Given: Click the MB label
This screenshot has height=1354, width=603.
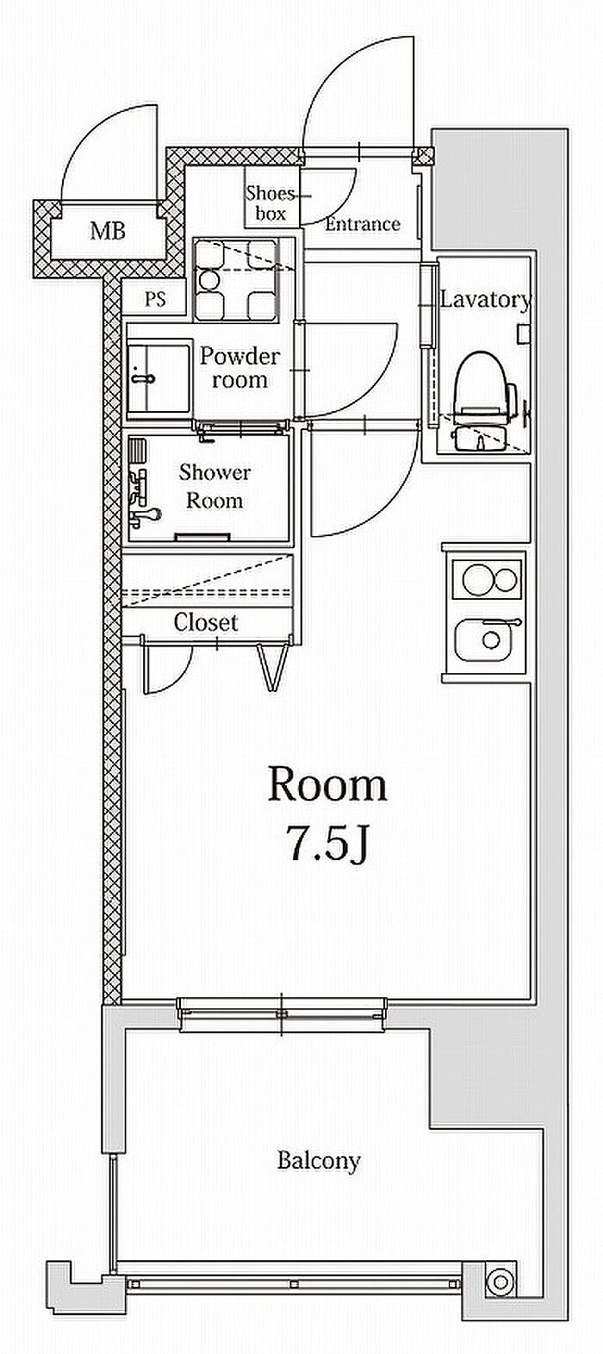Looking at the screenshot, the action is pos(109,230).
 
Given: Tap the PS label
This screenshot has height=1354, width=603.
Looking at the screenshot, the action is pos(155,299).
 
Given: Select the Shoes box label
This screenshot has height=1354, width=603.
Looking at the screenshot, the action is pos(270,203).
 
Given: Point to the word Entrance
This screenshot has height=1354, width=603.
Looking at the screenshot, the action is pos(363,224).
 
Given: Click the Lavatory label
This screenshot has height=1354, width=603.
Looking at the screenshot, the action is pos(485,300).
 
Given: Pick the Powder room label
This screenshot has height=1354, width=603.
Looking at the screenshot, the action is pos(239,367).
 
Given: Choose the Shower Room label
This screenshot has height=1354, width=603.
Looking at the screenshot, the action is pos(214,486).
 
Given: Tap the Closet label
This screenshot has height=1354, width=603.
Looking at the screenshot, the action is pos(206,622).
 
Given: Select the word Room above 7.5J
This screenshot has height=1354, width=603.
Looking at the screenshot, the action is pos(327,784).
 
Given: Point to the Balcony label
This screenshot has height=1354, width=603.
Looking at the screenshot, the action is pos(319,1160).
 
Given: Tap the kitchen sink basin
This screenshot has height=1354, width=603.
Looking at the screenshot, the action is pos(488,640).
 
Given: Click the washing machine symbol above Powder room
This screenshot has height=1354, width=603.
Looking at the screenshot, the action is pos(236,279).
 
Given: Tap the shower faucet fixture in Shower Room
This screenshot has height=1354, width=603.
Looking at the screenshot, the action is pos(143,496).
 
